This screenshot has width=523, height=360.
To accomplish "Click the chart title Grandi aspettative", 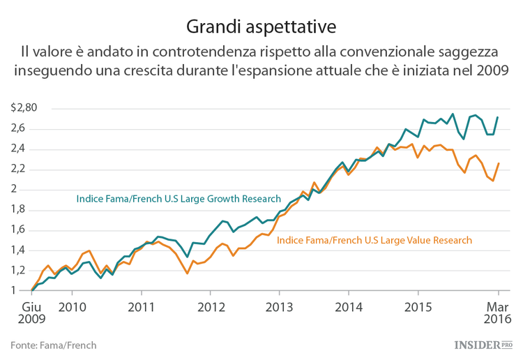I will (261, 27).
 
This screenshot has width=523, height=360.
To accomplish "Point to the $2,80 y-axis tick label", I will (24, 108).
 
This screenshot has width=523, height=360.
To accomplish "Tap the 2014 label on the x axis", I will (348, 306).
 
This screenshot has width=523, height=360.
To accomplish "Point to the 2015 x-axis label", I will (417, 306).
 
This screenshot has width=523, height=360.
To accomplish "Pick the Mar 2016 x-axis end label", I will (498, 313).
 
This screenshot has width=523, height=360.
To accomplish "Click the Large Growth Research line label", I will (179, 199).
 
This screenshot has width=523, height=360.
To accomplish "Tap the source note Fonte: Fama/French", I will (54, 345).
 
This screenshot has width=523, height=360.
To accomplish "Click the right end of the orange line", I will (498, 163).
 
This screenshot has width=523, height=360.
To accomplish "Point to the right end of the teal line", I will (498, 117).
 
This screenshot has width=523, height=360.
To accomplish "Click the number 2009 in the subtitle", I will (492, 70).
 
